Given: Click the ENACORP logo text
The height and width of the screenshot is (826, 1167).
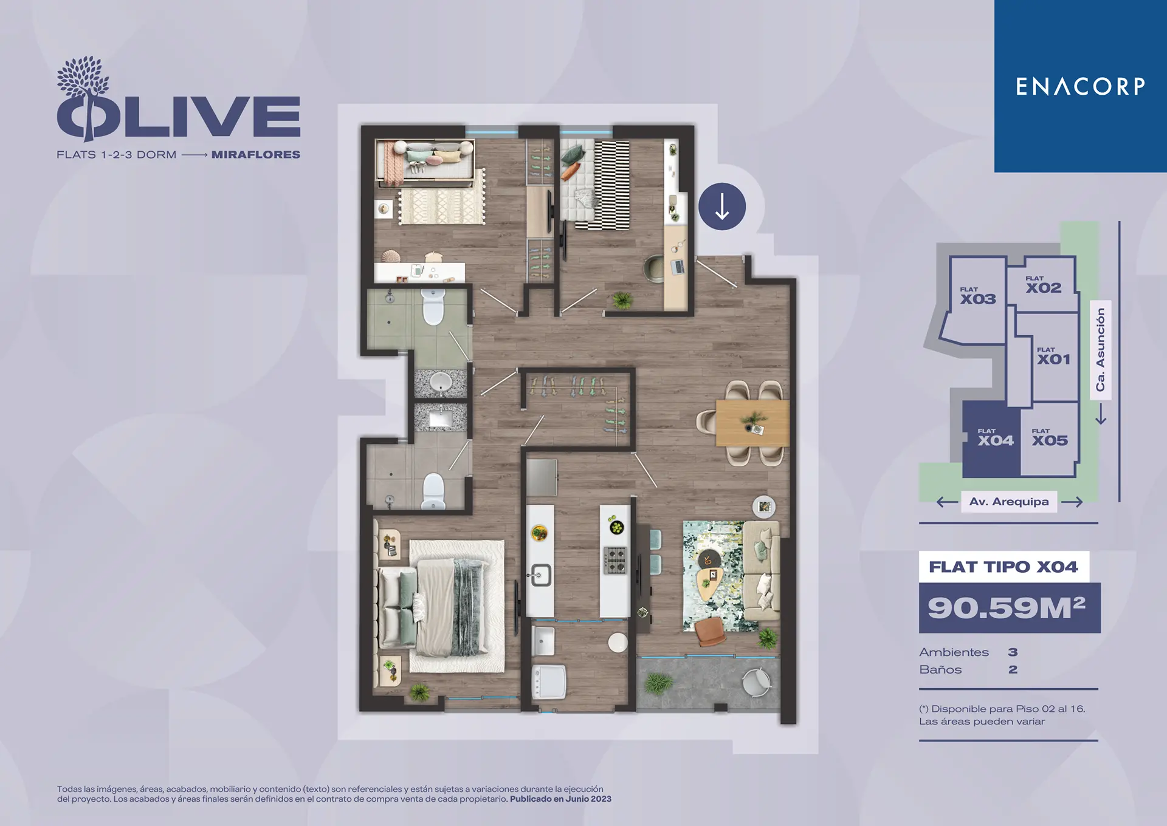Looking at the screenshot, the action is click(x=1080, y=86).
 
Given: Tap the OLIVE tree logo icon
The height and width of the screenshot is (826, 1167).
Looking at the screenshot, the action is click(x=83, y=97).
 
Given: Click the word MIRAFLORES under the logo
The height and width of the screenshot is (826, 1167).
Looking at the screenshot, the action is click(x=256, y=155).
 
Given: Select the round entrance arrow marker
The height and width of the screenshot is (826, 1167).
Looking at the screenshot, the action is click(x=722, y=206).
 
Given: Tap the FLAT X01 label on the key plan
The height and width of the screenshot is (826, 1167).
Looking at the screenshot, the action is click(x=1054, y=357).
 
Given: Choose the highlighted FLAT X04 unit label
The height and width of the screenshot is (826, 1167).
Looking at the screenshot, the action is click(x=996, y=438).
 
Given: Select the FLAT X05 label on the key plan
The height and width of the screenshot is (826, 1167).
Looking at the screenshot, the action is click(x=1050, y=438).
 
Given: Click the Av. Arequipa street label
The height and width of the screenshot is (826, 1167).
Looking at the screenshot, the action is click(x=1009, y=502).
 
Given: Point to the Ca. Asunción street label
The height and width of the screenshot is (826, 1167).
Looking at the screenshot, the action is click(x=1100, y=349).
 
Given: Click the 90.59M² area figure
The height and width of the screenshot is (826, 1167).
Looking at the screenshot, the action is click(x=1007, y=607).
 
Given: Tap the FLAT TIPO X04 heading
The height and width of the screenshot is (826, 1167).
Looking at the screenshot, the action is click(x=1003, y=567).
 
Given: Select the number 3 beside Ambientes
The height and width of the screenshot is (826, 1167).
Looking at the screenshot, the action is click(x=1013, y=652).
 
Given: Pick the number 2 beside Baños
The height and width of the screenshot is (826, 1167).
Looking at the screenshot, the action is click(x=1013, y=670).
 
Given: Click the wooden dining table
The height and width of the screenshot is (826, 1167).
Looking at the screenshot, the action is click(x=752, y=423).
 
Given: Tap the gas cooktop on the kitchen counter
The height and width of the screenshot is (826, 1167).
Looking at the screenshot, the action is click(x=615, y=561).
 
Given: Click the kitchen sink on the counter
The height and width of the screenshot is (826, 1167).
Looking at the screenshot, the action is click(x=540, y=575).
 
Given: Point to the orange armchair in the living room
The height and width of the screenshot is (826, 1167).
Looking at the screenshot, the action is click(x=711, y=631).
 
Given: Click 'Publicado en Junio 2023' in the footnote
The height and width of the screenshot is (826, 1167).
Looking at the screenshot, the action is click(x=560, y=799).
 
